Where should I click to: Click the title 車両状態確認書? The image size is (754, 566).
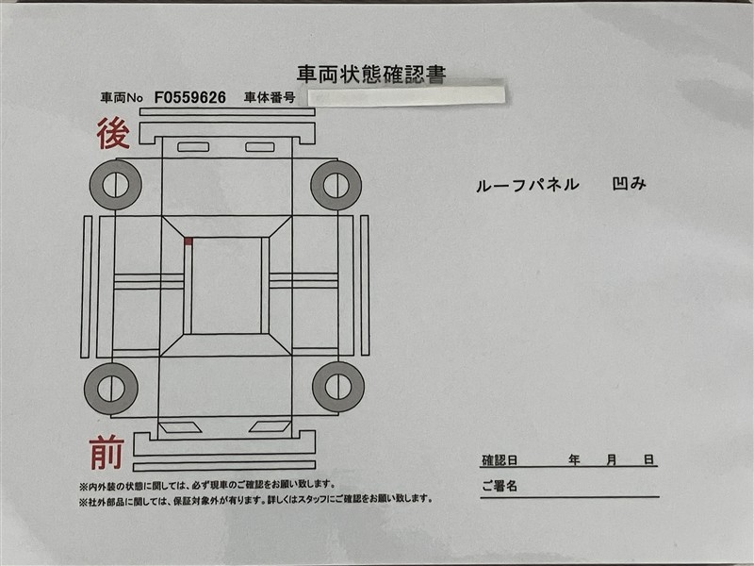[x=371, y=75]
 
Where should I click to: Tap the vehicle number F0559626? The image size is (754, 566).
[x=190, y=98]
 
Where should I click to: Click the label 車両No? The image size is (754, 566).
[x=122, y=98]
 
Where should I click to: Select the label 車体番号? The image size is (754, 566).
[x=270, y=98]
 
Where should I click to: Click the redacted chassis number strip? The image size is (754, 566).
[x=406, y=95]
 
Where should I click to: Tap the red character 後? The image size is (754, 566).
[x=113, y=133]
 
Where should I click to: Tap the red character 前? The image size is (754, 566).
[x=107, y=452]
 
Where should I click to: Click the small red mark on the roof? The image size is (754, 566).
[x=188, y=241]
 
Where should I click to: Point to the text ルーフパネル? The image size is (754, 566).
[x=528, y=185]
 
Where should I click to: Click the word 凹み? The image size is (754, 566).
[x=629, y=183]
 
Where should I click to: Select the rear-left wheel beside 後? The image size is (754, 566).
[x=115, y=185]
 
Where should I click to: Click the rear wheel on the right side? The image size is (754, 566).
[x=336, y=185]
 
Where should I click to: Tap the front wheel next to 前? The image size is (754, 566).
[x=111, y=389]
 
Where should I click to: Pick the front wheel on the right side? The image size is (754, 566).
[x=338, y=387]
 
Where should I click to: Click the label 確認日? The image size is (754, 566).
[x=500, y=460]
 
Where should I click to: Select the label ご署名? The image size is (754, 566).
[x=500, y=486]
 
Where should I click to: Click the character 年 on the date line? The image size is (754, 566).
[x=574, y=459]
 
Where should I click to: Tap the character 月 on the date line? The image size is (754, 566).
[x=611, y=459]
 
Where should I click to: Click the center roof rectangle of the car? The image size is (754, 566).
[x=226, y=286]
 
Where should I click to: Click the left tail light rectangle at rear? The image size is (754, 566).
[x=193, y=147]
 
